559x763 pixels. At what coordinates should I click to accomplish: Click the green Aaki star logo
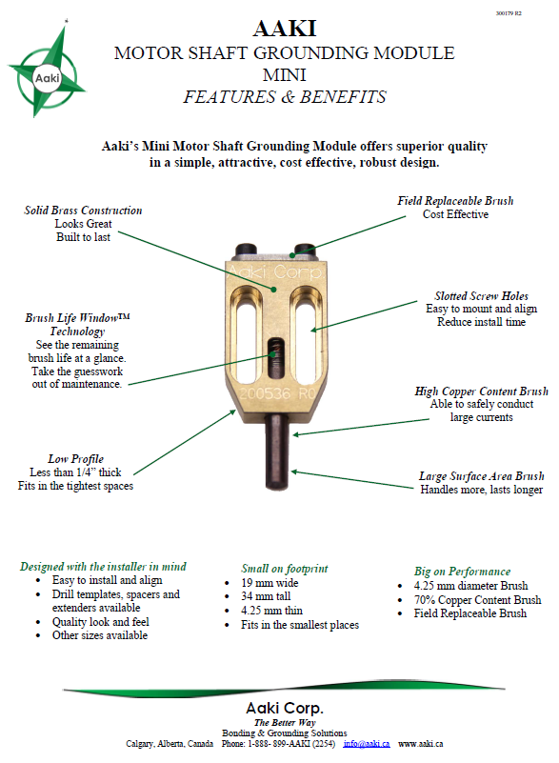47,70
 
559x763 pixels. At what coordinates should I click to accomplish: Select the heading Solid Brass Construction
84,211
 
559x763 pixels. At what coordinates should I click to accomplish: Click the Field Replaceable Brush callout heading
455,201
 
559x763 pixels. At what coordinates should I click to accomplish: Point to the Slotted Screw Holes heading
481,296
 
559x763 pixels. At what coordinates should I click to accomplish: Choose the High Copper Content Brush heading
481,392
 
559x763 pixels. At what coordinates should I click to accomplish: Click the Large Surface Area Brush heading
481,476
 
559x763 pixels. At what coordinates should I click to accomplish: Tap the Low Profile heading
75,458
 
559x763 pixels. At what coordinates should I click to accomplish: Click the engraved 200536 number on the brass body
263,392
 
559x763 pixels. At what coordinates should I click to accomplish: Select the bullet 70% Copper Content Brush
477,600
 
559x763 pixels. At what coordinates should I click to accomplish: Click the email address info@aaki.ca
367,743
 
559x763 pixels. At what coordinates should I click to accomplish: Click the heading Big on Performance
462,572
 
